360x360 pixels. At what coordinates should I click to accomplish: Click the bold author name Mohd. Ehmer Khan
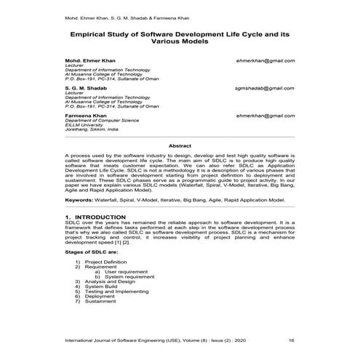88,64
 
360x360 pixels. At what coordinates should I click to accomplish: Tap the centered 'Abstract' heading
180,146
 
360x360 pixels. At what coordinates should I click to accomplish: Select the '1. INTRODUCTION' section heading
95,217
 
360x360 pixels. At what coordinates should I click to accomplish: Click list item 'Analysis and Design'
111,282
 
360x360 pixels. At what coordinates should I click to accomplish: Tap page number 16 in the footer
291,340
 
